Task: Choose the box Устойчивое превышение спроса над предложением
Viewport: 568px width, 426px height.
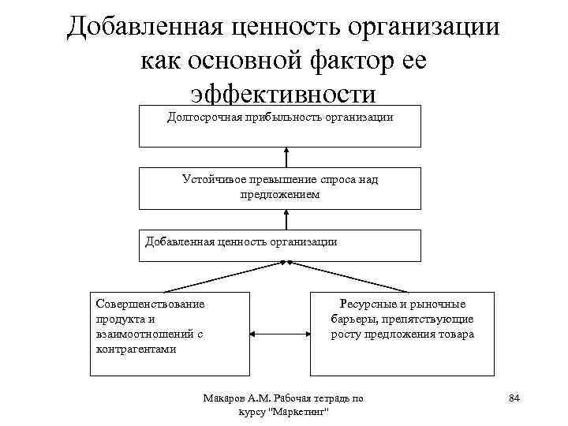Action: [280, 187]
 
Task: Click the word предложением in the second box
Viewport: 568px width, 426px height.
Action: [280, 194]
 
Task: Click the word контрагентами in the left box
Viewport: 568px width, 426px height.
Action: [136, 348]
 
